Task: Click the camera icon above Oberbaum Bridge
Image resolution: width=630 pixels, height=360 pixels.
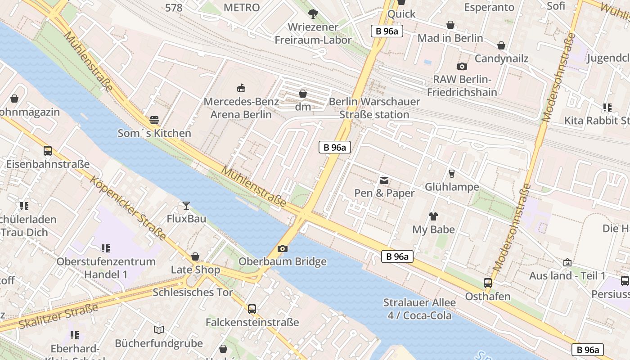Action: tap(283, 248)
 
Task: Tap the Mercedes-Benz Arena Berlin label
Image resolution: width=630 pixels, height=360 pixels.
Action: tap(241, 108)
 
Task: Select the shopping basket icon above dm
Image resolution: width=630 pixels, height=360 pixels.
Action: tap(303, 94)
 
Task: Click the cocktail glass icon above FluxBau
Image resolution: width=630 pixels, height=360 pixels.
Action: tap(186, 206)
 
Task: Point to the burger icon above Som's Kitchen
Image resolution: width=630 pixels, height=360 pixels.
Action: tap(154, 120)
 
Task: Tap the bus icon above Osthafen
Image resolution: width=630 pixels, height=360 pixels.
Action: tap(488, 283)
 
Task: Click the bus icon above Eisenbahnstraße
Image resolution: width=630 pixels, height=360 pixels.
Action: tap(48, 151)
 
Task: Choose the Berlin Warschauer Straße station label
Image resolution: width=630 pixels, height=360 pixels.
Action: tap(374, 108)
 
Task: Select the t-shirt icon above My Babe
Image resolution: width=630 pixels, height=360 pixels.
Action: tap(433, 216)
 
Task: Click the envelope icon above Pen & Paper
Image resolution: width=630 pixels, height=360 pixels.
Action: tap(384, 180)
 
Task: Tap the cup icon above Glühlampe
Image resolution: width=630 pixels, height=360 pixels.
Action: tap(452, 173)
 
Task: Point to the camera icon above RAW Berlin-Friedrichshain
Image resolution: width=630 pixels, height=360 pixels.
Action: tap(462, 67)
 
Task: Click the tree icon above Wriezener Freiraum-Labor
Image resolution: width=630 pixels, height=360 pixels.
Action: tap(313, 14)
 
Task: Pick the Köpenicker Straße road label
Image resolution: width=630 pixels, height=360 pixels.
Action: tap(128, 208)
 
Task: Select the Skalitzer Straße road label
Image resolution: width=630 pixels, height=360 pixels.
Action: tap(58, 317)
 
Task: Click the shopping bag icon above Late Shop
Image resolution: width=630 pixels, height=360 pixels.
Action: tap(195, 256)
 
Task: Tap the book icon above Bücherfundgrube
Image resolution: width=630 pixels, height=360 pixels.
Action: tap(158, 330)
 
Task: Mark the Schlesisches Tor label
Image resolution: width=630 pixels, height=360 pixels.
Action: tap(193, 292)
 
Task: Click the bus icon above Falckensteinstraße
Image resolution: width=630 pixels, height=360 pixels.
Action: tap(252, 309)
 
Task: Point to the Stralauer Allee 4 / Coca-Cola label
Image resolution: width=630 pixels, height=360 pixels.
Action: tap(419, 309)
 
